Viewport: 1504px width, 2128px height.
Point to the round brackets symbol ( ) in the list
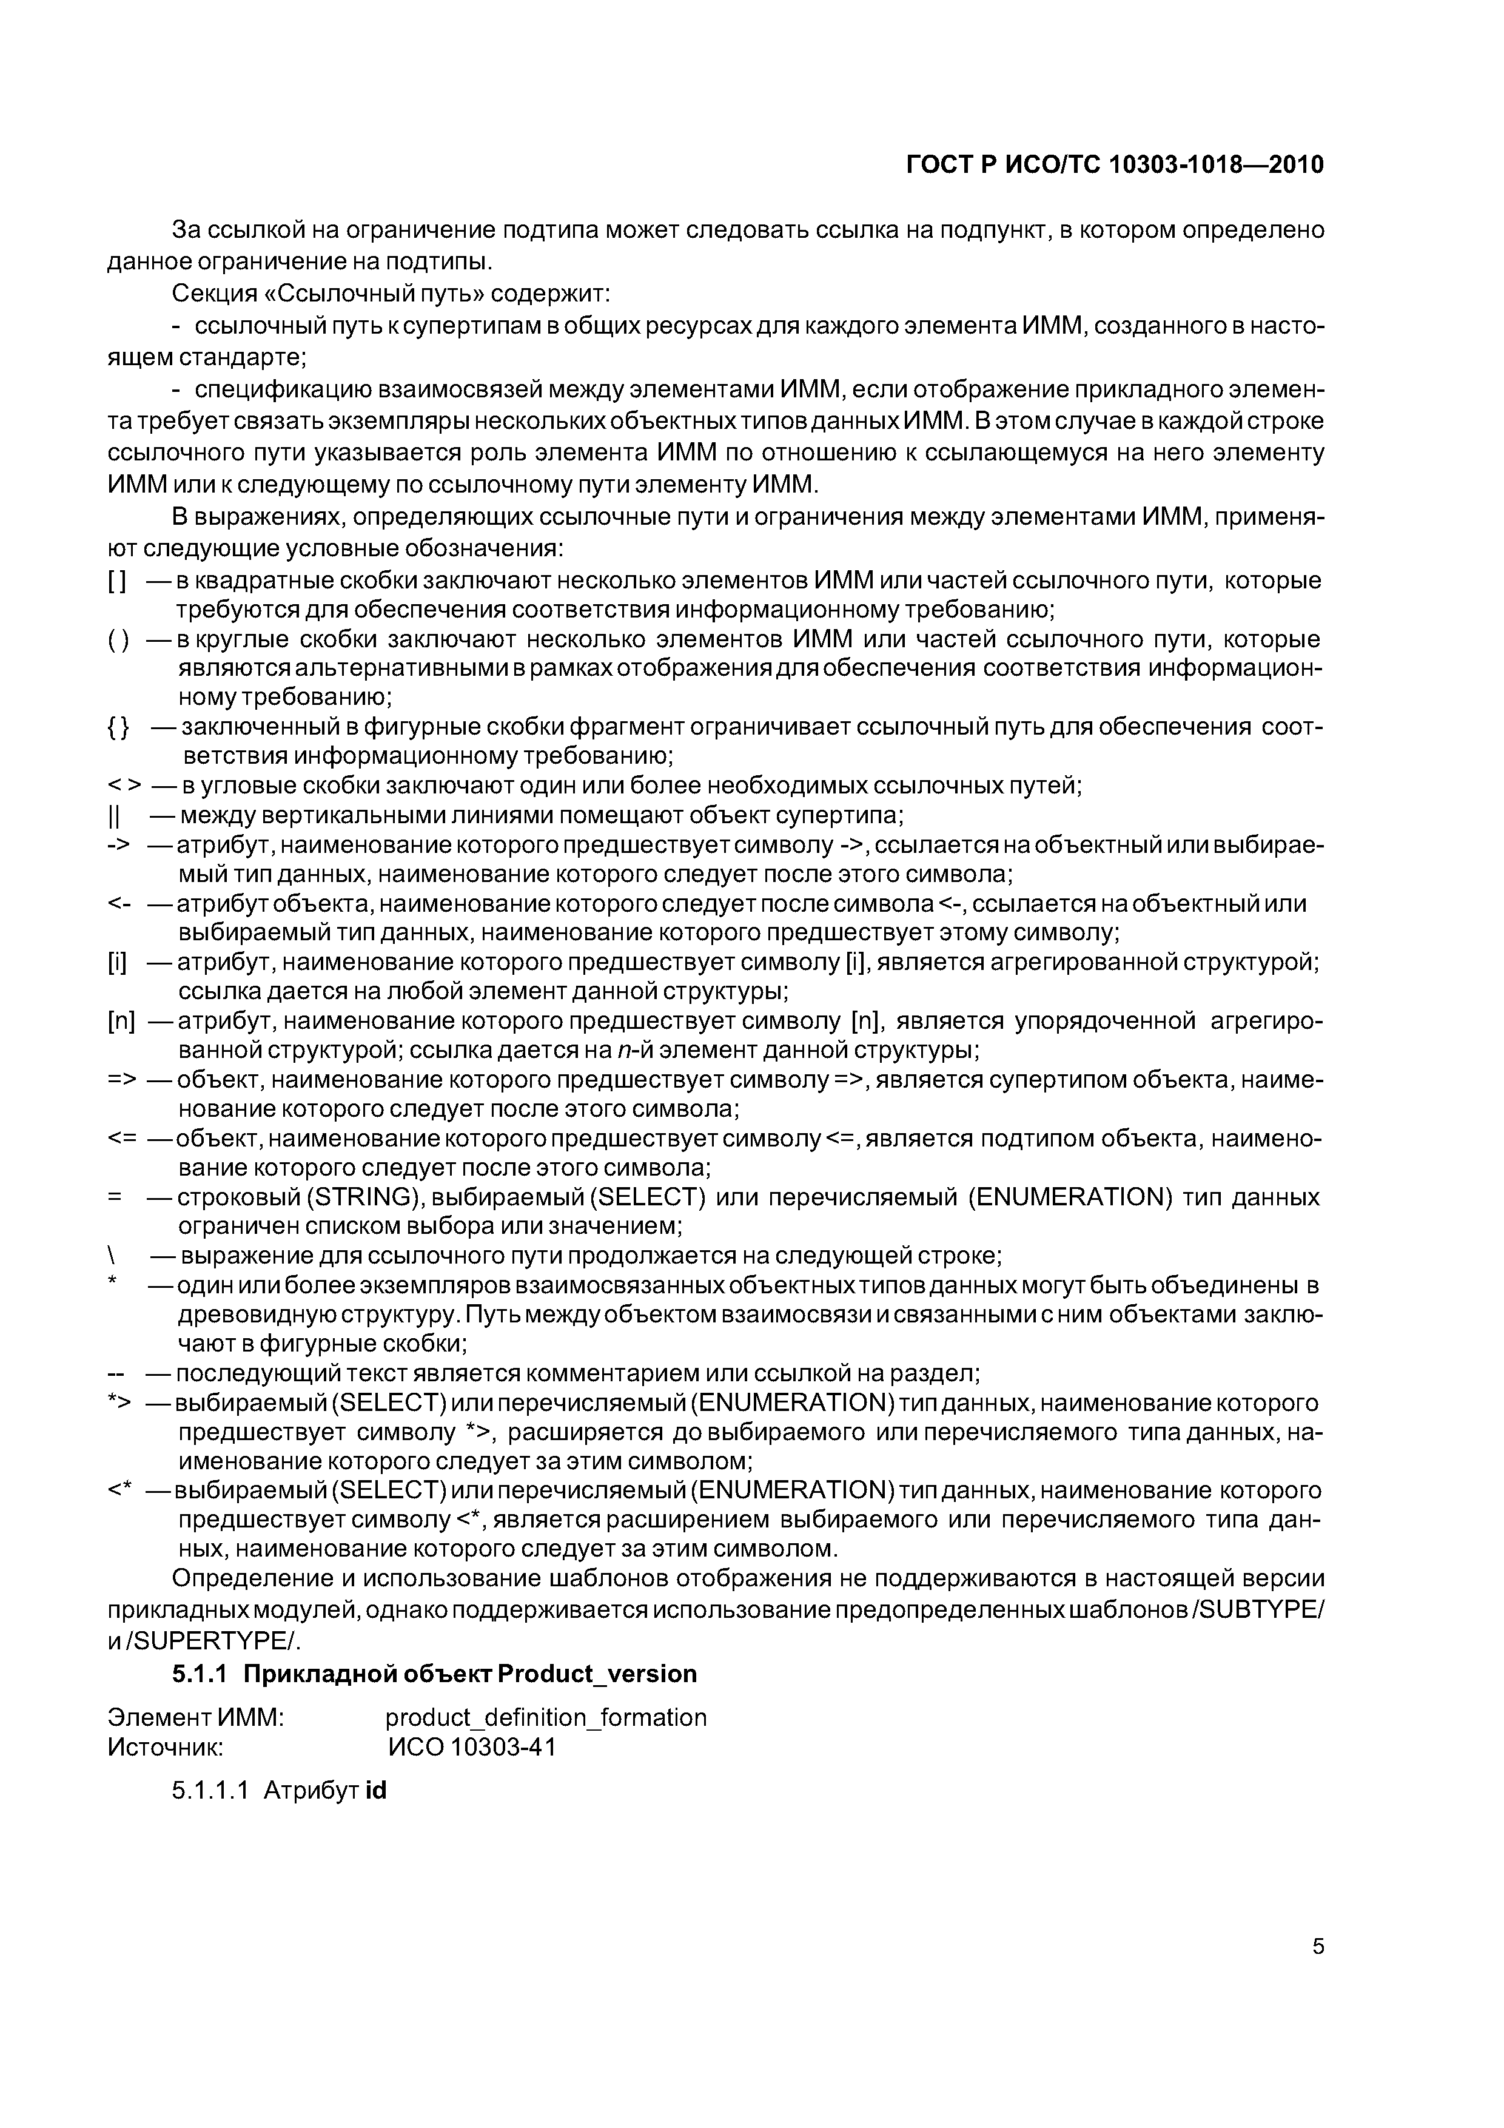click(118, 641)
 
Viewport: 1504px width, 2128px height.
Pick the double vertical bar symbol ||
click(114, 817)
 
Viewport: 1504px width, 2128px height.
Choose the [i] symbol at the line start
click(117, 963)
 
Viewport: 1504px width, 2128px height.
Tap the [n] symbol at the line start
click(121, 1022)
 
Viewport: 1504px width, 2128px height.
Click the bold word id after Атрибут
click(375, 1790)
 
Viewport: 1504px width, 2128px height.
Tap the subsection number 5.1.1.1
click(209, 1790)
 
